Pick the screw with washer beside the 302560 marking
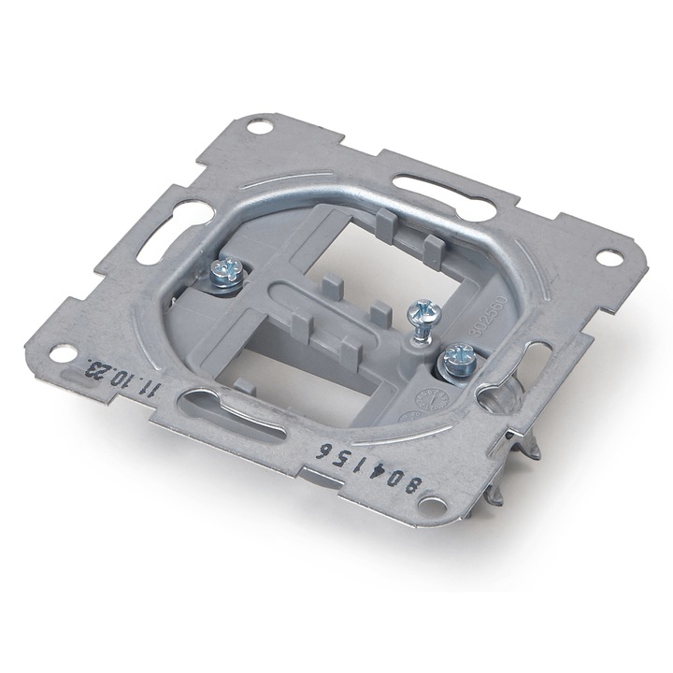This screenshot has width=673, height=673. [x=457, y=356]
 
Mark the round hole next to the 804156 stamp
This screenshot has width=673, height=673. [x=432, y=505]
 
